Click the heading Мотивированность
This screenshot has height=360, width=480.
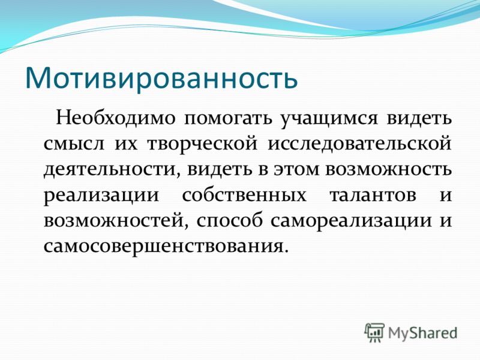click(161, 77)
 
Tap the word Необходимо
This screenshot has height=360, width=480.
click(116, 118)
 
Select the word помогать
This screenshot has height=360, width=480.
click(228, 119)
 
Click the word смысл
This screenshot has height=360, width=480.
click(73, 145)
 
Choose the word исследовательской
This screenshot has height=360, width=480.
click(359, 144)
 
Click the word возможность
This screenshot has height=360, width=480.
click(388, 170)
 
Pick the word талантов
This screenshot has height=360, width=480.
click(373, 194)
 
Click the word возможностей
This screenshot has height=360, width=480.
click(115, 220)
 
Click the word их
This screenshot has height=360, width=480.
click(126, 145)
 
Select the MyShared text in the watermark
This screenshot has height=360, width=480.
click(423, 333)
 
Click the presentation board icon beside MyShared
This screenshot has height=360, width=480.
click(374, 332)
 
